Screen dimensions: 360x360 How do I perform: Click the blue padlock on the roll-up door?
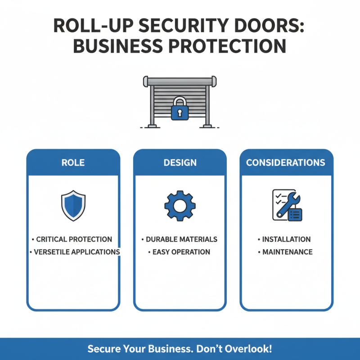[x=180, y=109]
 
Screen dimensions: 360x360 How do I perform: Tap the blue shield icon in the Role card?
[x=73, y=205]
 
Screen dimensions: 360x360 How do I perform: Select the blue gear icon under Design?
[x=180, y=205]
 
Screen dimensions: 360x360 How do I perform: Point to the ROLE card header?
[x=73, y=162]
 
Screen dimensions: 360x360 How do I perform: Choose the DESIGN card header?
[x=180, y=162]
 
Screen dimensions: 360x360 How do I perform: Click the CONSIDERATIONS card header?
[x=286, y=162]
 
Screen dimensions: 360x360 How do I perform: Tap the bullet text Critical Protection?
[x=73, y=239]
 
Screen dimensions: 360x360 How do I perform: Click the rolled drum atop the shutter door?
[x=180, y=81]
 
